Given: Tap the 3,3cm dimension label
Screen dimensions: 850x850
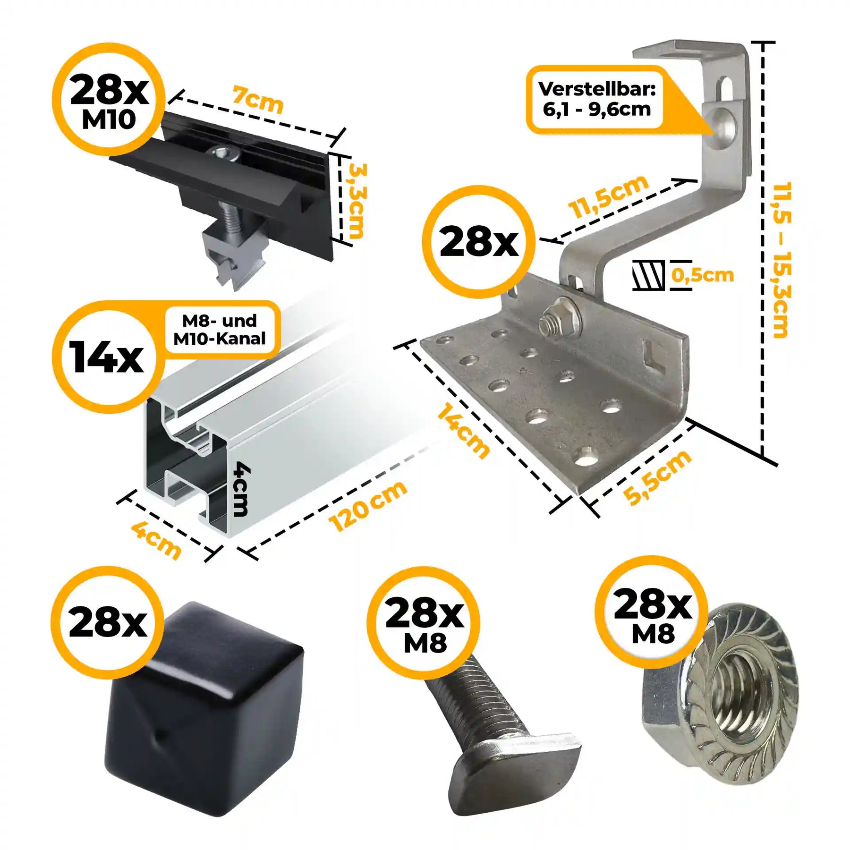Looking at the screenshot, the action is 357,201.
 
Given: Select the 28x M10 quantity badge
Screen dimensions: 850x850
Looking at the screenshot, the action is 109,99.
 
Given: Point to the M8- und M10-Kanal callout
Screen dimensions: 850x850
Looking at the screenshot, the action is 220,330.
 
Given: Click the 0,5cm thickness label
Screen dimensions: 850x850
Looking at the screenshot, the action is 703,275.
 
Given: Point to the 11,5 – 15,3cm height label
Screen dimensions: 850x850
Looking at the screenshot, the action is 782,260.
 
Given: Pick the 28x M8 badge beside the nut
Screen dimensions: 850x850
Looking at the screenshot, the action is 652,612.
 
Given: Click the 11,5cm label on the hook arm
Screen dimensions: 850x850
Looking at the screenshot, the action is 608,196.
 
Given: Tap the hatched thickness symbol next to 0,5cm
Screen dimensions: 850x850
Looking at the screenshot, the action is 648,275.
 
